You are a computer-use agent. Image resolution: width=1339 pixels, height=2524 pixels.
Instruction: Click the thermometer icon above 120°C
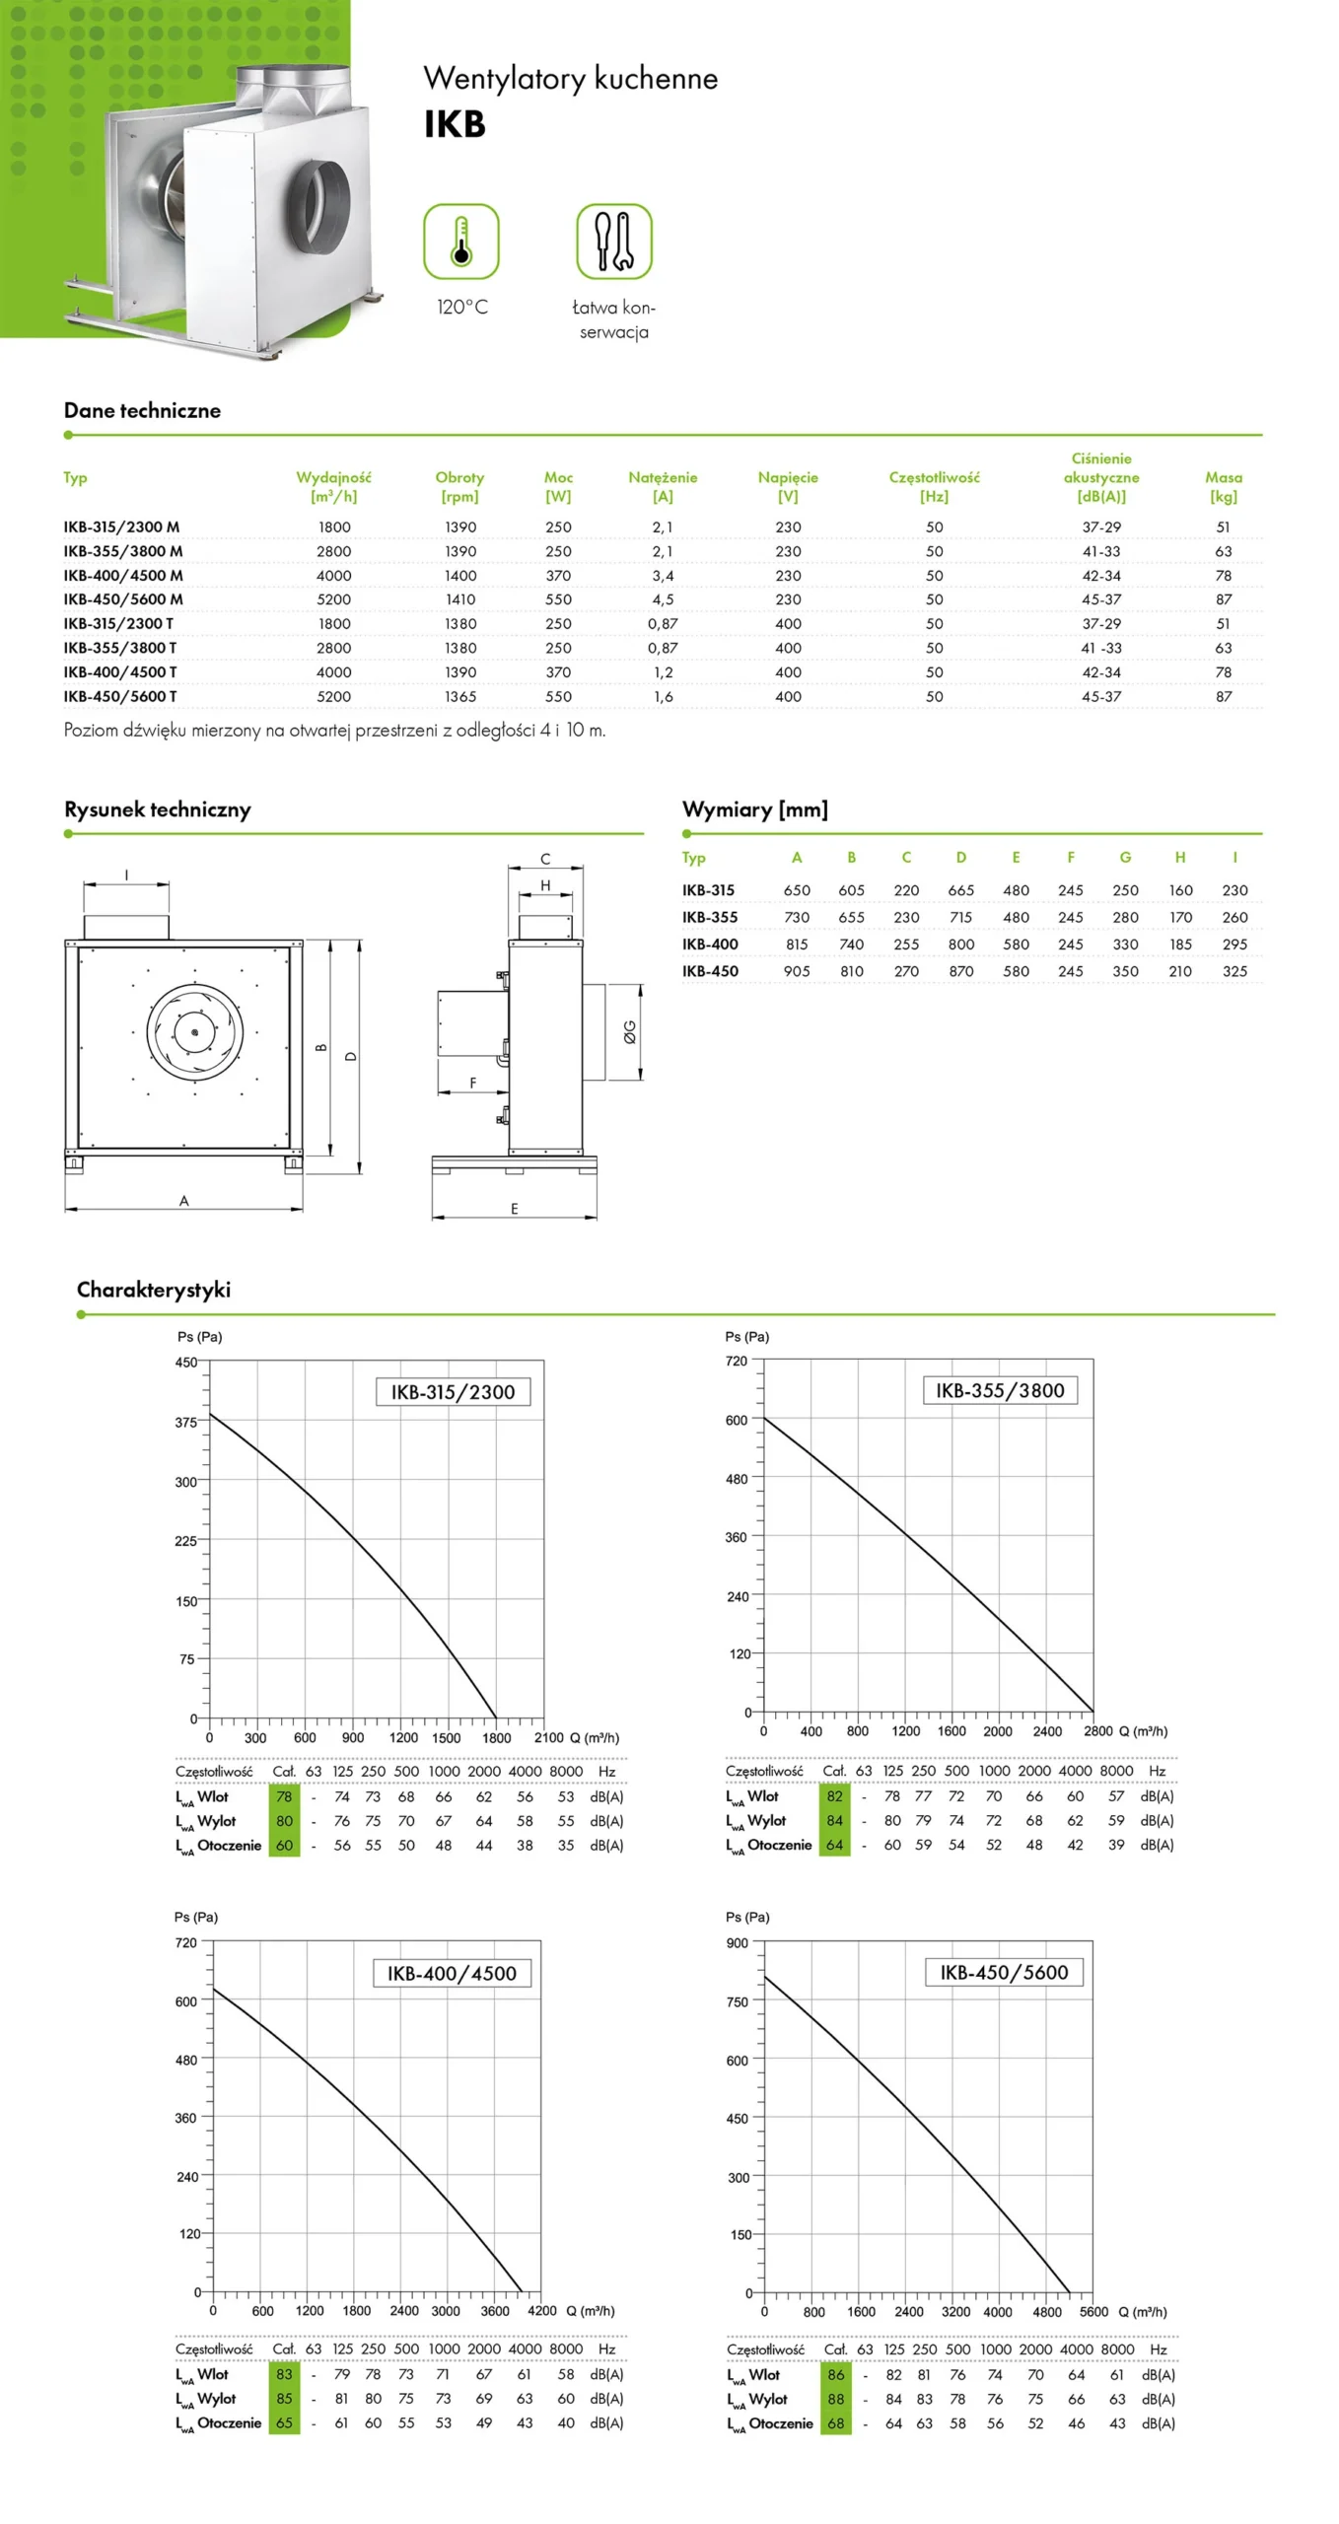click(x=460, y=242)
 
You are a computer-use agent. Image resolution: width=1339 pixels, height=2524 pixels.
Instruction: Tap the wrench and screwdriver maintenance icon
click(x=613, y=242)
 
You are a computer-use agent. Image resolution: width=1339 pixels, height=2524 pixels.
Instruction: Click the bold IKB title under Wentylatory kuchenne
click(x=455, y=124)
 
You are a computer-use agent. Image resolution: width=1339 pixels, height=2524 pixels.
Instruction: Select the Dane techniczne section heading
click(x=142, y=410)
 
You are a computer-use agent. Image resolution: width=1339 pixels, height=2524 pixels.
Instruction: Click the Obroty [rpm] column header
click(x=459, y=486)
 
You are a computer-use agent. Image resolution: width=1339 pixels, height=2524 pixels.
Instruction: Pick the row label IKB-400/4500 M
click(x=123, y=576)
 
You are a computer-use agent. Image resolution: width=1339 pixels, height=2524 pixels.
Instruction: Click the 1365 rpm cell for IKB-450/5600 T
click(x=459, y=697)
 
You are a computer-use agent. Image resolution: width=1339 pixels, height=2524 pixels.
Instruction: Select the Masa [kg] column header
click(x=1223, y=486)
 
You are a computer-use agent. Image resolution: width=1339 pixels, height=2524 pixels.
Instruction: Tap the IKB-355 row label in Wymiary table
click(x=710, y=917)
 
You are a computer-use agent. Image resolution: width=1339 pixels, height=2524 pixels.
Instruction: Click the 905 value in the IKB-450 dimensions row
click(x=797, y=971)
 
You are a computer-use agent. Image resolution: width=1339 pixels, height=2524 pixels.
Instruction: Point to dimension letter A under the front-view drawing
click(x=183, y=1201)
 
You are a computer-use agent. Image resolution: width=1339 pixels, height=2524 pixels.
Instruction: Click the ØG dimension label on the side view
click(x=629, y=1032)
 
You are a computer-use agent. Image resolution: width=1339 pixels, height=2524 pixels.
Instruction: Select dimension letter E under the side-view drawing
click(x=514, y=1209)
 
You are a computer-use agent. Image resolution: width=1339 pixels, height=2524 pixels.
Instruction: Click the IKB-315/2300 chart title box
click(x=453, y=1391)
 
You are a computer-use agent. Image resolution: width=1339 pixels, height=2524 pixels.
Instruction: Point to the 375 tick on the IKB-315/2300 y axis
click(x=185, y=1422)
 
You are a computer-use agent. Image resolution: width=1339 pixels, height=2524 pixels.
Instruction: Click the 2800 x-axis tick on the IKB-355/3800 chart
click(x=1097, y=1730)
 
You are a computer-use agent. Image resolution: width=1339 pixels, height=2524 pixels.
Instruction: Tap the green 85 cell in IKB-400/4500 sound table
click(x=284, y=2399)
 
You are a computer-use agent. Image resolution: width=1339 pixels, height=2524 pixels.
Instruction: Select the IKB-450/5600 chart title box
click(x=1004, y=1972)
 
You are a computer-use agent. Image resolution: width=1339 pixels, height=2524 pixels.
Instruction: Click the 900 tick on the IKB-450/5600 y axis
click(x=737, y=1942)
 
